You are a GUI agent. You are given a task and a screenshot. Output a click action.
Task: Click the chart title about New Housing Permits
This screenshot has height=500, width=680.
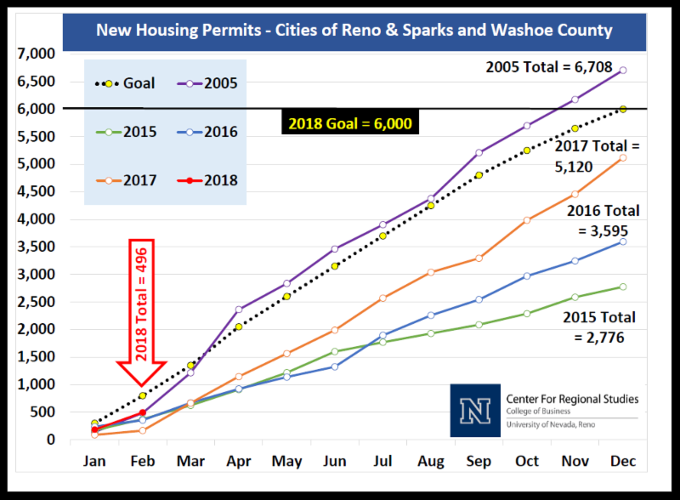point(354,30)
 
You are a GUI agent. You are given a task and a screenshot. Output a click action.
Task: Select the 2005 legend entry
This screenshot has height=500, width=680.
point(207,83)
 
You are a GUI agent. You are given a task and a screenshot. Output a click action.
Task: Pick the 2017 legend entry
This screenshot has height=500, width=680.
point(119,180)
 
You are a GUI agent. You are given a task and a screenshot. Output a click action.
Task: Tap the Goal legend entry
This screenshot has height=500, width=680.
point(119,83)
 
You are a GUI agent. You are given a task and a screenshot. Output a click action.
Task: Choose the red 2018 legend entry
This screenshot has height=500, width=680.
point(207,180)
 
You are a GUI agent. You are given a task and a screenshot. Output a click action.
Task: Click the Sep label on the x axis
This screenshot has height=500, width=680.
point(479,462)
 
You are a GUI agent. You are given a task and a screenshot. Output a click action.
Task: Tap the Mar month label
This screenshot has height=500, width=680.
point(190,462)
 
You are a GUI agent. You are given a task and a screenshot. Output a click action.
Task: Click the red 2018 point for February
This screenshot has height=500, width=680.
point(143,412)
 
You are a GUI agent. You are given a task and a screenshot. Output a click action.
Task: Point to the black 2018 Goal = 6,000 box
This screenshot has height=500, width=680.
point(349,124)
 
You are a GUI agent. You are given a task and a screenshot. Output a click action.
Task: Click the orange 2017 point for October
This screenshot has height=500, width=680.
point(527,220)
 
